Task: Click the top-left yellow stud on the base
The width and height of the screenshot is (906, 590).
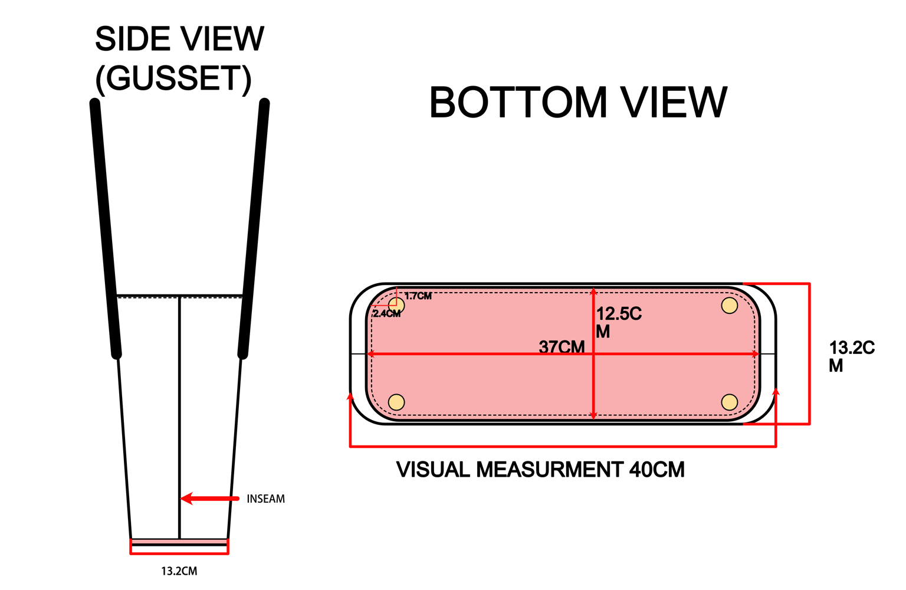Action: (x=396, y=306)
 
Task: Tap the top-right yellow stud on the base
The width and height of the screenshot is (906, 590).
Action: (x=730, y=306)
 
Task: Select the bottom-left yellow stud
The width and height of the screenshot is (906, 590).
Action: (x=396, y=402)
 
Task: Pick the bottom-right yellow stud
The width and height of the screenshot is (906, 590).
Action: (x=730, y=402)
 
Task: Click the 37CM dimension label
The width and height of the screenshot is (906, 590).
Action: (x=562, y=347)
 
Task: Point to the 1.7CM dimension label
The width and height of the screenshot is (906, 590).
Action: (x=418, y=296)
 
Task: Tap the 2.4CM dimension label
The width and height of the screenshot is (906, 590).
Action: (x=387, y=314)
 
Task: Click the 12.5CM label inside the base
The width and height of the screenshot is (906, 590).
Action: (x=619, y=323)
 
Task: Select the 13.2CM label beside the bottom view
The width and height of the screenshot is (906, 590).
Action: (x=852, y=356)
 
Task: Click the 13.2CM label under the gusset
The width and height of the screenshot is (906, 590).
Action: (x=179, y=571)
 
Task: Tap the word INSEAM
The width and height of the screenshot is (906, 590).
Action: (x=266, y=499)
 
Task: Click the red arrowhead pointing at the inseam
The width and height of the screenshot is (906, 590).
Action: (x=186, y=499)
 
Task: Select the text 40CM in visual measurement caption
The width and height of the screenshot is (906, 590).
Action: (x=657, y=470)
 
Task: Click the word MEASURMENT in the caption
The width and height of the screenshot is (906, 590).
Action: (x=550, y=470)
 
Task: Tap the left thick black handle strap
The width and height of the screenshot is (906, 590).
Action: (x=106, y=229)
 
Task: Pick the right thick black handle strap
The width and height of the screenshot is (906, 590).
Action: (x=254, y=229)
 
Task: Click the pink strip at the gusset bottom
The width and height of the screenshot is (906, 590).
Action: (x=179, y=542)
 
